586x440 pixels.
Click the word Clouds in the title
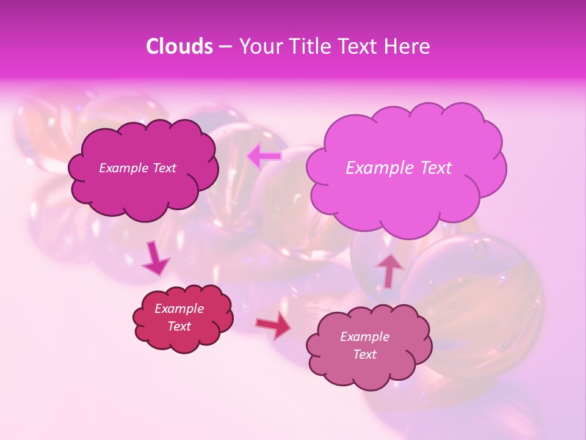pos(179,46)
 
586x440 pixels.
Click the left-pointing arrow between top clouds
pos(264,156)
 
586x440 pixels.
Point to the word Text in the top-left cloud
pos(163,168)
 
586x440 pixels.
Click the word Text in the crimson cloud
pos(179,326)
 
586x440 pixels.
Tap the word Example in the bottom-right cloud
pos(364,337)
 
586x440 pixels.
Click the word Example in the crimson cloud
pos(179,309)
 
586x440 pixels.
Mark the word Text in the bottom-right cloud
pos(364,354)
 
